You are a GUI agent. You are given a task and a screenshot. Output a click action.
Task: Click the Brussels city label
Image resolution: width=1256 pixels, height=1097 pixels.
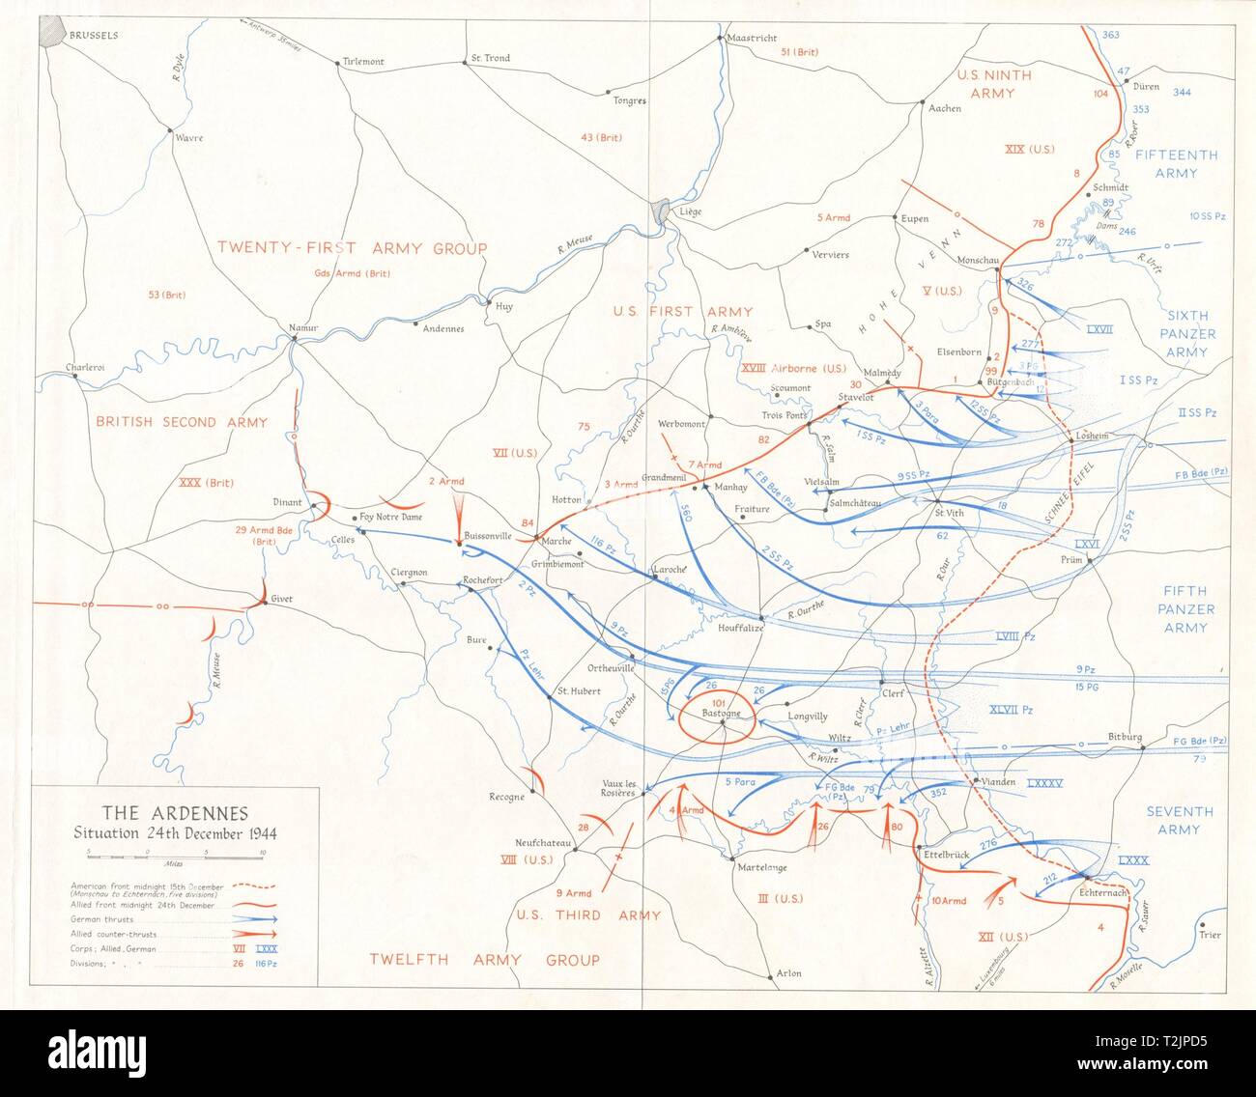pyautogui.click(x=93, y=35)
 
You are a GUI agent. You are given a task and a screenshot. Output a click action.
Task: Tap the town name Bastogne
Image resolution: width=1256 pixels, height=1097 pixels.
pyautogui.click(x=721, y=713)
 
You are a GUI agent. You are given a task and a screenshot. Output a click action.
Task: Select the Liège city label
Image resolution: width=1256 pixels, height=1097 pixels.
pyautogui.click(x=691, y=211)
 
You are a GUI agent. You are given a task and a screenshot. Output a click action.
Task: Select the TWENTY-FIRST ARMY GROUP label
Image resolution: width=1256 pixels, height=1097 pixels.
pyautogui.click(x=352, y=248)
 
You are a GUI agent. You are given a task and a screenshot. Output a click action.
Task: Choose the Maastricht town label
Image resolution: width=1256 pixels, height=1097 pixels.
pyautogui.click(x=752, y=38)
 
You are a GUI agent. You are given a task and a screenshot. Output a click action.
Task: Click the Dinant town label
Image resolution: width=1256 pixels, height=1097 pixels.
pyautogui.click(x=287, y=502)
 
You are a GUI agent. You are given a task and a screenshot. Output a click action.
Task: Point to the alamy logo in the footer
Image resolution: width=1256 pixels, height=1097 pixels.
pyautogui.click(x=126, y=1052)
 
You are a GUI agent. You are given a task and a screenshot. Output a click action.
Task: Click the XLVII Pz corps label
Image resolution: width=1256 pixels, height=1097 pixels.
pyautogui.click(x=1012, y=710)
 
